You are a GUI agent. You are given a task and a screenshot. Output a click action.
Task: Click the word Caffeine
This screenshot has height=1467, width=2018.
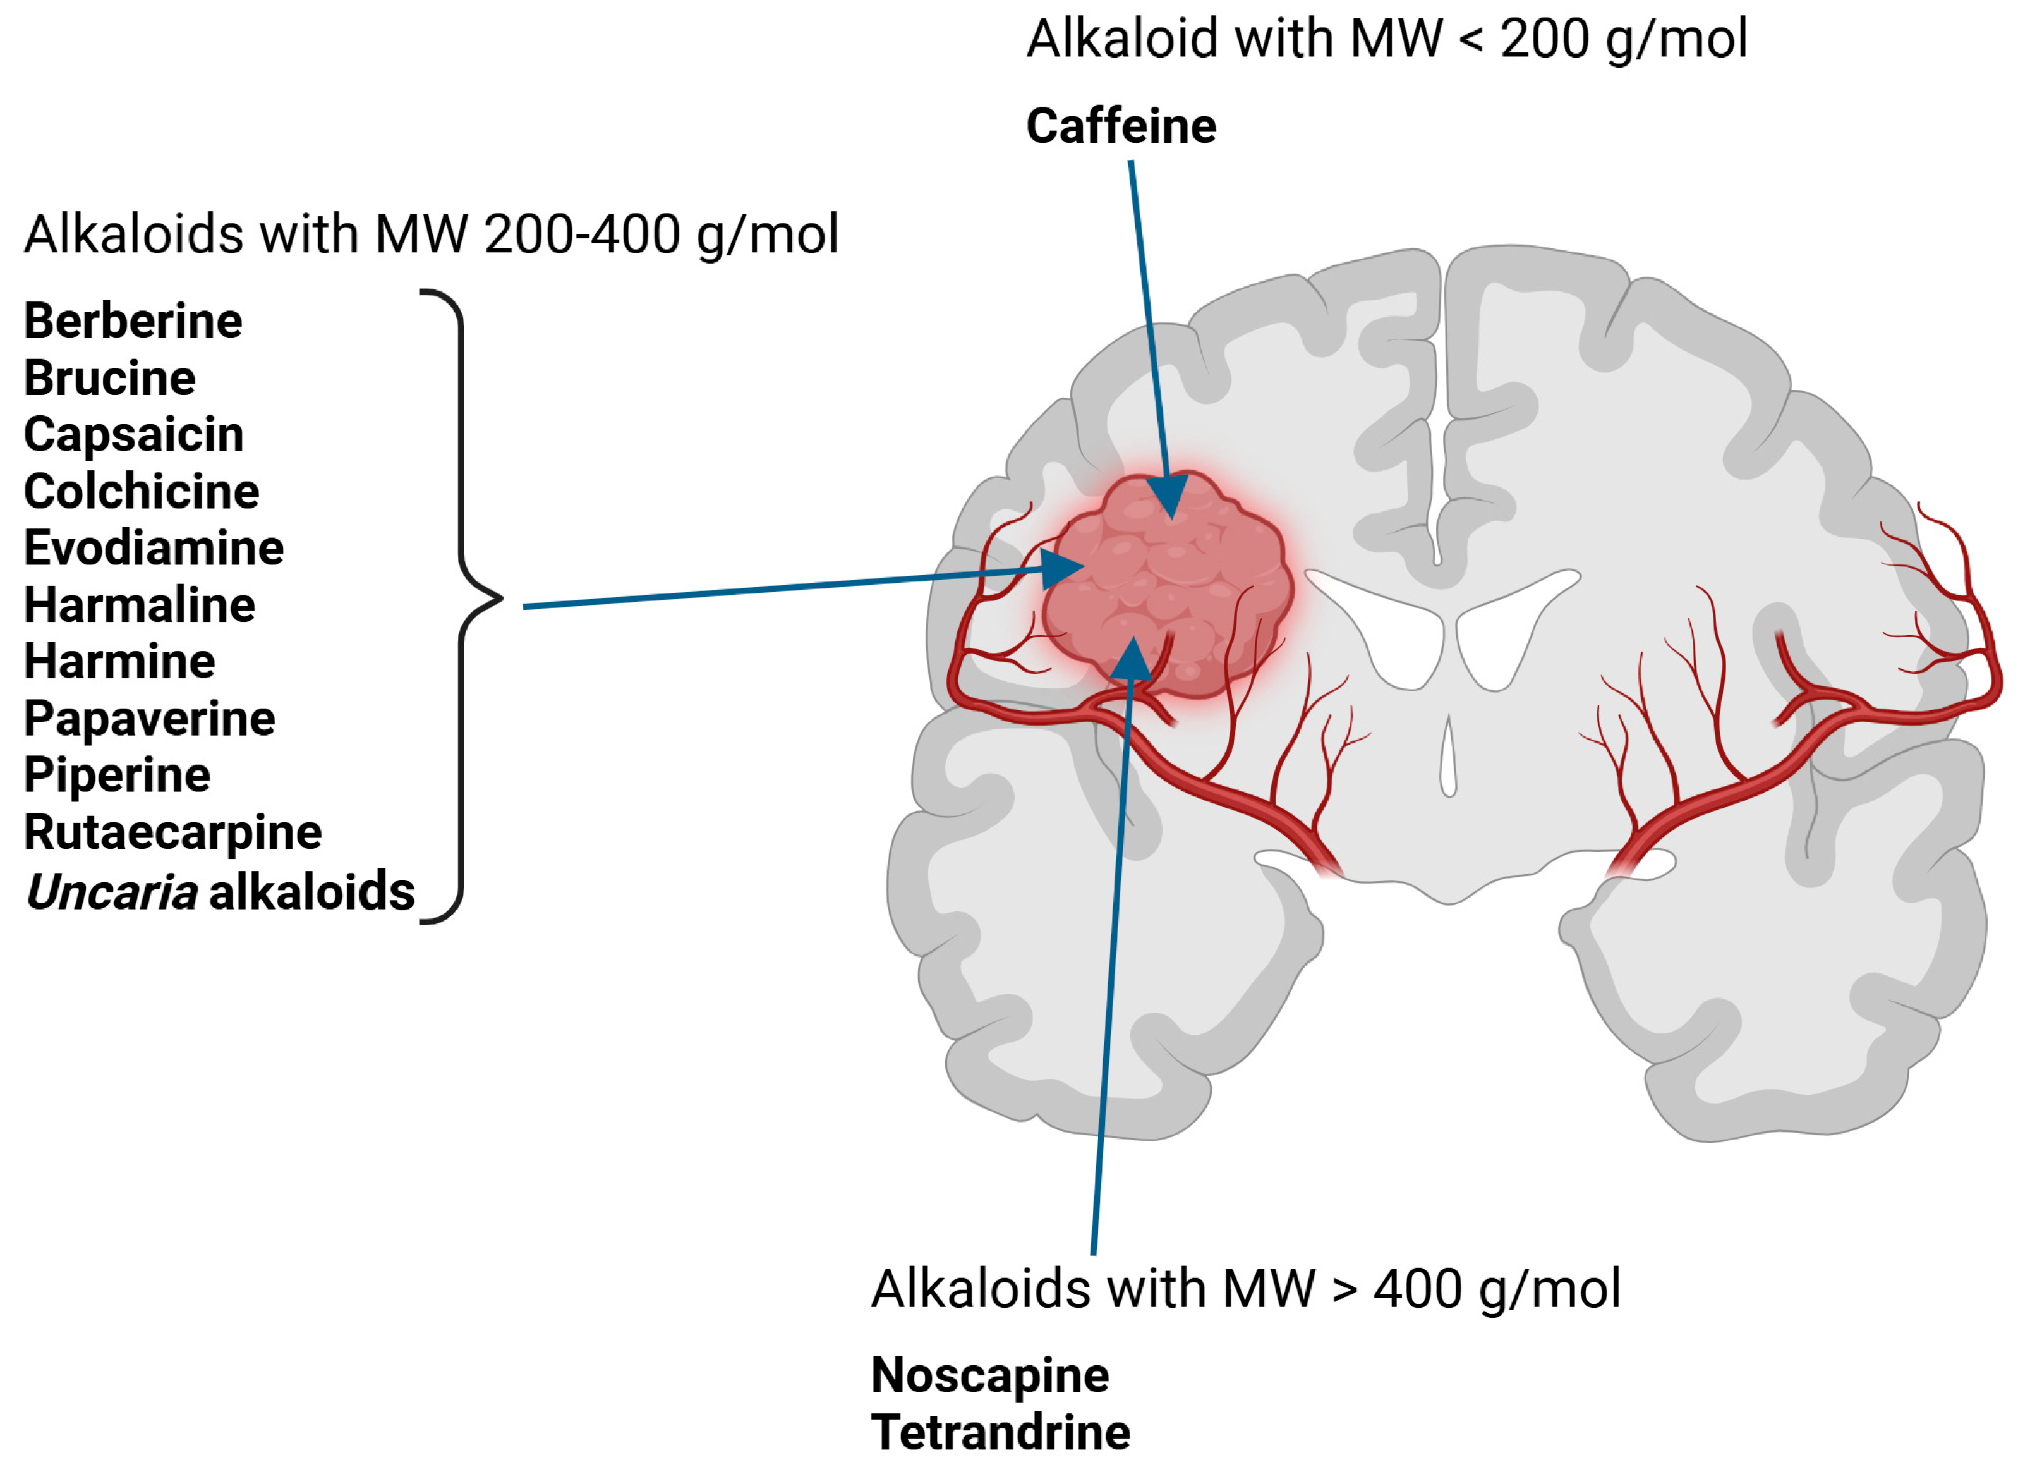[1120, 126]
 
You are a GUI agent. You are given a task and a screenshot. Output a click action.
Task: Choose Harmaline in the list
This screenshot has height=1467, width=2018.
[139, 606]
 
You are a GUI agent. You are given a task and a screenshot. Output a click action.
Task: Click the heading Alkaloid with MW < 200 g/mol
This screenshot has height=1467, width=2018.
[1386, 40]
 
